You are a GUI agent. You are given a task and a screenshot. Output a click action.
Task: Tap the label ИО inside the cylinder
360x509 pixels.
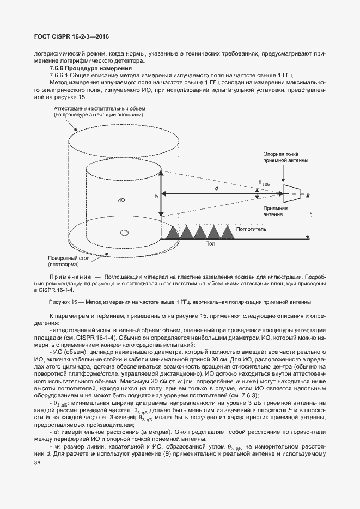pyautogui.click(x=121, y=200)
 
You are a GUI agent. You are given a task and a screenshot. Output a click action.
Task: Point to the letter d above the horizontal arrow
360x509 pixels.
pyautogui.click(x=216, y=187)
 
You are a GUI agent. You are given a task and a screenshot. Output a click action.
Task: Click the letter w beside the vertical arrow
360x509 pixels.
pyautogui.click(x=156, y=194)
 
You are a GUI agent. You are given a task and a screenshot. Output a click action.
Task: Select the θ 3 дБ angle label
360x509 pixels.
pyautogui.click(x=265, y=183)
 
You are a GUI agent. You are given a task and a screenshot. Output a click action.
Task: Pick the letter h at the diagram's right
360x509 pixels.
pyautogui.click(x=310, y=215)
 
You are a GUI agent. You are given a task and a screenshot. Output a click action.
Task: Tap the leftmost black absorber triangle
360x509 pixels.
pyautogui.click(x=174, y=232)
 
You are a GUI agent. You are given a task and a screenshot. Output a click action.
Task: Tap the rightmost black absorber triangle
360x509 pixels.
pyautogui.click(x=226, y=232)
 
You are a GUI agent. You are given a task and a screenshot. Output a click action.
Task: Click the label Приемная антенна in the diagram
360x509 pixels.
pyautogui.click(x=274, y=211)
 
